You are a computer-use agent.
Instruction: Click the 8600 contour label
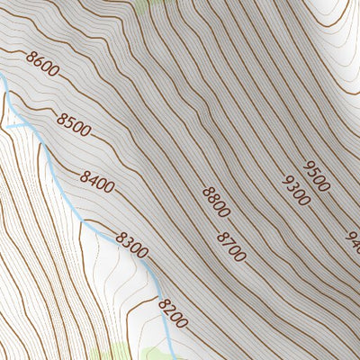point(42,66)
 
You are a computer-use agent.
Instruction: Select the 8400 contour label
point(97,182)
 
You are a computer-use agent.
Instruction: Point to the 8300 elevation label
point(131,245)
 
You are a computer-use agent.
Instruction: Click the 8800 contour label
point(216,202)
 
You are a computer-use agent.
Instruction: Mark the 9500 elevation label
point(316,175)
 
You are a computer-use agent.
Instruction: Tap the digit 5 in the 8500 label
point(70,122)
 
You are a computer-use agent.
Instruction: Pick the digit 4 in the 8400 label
point(94,179)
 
